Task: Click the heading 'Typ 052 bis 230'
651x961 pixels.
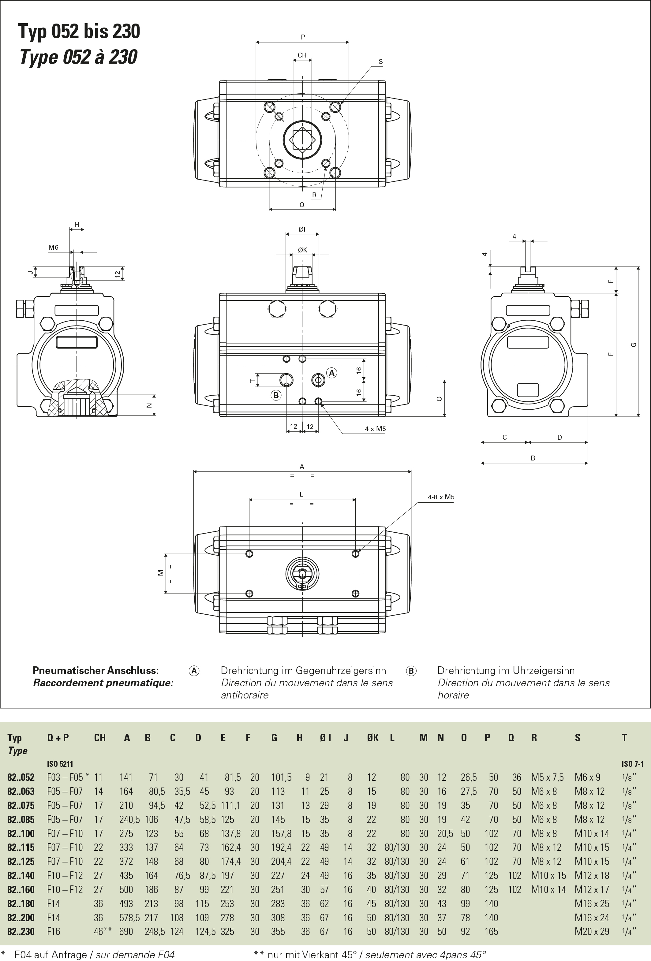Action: (x=79, y=32)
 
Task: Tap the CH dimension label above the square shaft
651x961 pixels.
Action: (x=302, y=55)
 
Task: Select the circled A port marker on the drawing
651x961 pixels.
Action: (x=331, y=373)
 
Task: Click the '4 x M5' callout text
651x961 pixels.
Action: (x=375, y=429)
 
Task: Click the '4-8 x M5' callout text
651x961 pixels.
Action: (x=441, y=497)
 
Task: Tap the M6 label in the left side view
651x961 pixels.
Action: (x=53, y=247)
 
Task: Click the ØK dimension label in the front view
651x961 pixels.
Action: (x=302, y=250)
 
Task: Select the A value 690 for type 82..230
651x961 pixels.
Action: (x=126, y=931)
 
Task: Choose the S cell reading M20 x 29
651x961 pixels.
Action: (x=592, y=931)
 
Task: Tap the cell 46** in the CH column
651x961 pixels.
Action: (x=103, y=931)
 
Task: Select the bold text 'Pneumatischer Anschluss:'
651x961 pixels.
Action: (x=95, y=670)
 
